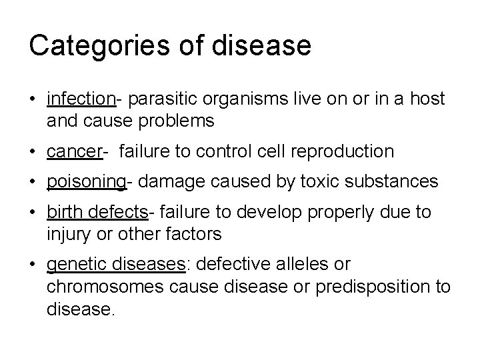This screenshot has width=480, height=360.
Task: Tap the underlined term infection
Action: (81, 99)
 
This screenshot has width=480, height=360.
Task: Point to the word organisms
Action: (235, 99)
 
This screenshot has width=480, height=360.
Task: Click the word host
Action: (427, 99)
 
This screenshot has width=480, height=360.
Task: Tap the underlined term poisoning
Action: (86, 182)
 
